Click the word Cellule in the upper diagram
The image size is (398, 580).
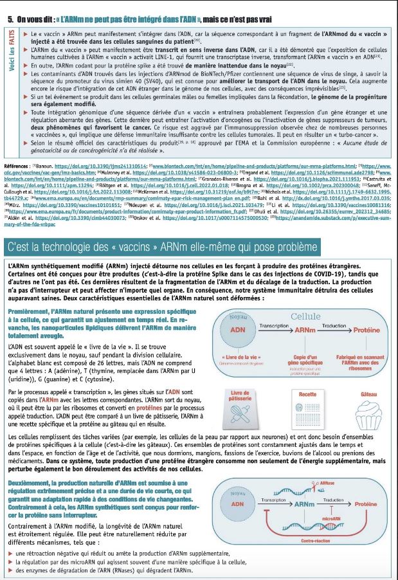305,316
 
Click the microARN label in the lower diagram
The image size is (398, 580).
323,517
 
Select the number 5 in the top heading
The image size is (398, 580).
10,19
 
